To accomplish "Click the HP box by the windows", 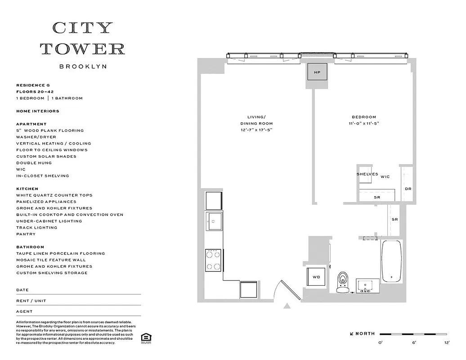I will click(x=317, y=72).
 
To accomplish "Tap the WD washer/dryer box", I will click(x=316, y=277).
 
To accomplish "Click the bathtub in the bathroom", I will click(x=391, y=261).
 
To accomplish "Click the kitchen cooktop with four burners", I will click(x=214, y=260).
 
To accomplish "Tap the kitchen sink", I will click(x=214, y=221).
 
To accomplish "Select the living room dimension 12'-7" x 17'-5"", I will click(x=256, y=130).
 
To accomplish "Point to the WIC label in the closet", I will click(x=385, y=177).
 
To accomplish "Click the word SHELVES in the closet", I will click(x=367, y=174).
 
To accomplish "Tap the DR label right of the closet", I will click(x=408, y=189).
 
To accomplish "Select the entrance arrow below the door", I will click(x=287, y=306).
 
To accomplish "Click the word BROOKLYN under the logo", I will click(x=83, y=67).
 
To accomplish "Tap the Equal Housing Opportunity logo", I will click(x=145, y=338).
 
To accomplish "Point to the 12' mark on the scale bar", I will click(x=447, y=342).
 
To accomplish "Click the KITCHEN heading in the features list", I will click(x=27, y=189).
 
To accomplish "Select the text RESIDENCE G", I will click(x=33, y=85).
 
